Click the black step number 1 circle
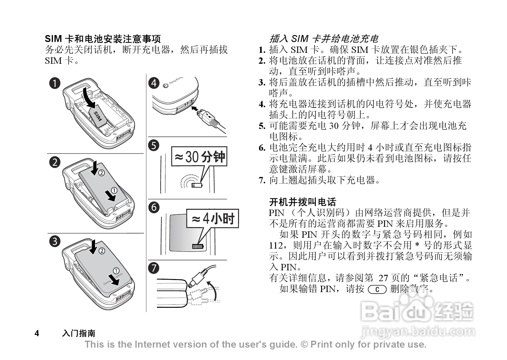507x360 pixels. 55,83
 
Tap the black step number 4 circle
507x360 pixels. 154,83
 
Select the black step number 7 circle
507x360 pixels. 154,268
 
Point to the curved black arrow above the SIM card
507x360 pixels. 90,98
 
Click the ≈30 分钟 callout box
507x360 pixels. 199,156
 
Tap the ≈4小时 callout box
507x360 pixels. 212,218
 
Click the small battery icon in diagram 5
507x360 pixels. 197,185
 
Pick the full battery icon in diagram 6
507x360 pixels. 198,246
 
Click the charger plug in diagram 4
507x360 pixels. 207,117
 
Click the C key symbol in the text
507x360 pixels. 377,290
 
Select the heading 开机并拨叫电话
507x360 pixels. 303,202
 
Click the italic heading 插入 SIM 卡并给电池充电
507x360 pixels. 324,39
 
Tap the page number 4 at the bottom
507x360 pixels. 37,333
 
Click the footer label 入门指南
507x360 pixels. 79,333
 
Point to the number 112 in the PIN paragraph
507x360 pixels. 276,246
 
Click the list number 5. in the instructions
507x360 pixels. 262,126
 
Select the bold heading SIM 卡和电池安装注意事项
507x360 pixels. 103,39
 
